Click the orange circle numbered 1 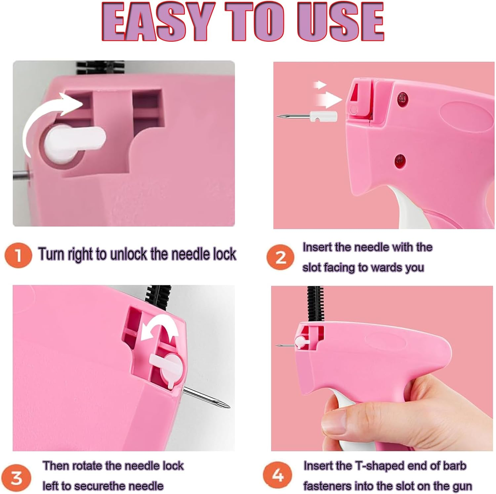coord(18,255)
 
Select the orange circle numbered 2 coord(280,257)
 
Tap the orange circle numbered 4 coord(278,475)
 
